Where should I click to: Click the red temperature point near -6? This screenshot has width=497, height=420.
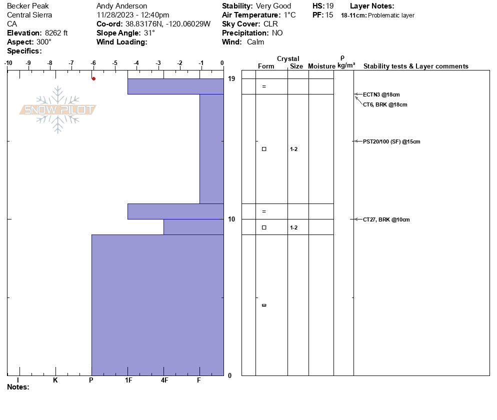93,78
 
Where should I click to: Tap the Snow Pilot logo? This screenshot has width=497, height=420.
58,109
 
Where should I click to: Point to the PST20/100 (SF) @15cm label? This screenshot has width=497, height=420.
391,141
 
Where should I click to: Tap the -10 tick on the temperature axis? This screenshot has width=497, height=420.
8,63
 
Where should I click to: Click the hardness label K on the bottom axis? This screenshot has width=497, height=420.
55,380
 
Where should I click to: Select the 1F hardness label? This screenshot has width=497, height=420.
128,380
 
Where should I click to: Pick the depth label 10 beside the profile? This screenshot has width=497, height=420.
231,219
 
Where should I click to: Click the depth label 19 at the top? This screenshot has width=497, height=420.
231,79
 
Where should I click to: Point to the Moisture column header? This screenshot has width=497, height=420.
321,66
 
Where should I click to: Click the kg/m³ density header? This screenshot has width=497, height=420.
346,65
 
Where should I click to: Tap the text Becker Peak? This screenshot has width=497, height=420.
28,6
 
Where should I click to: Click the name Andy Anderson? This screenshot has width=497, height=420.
121,6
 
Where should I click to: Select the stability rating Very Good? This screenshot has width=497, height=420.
273,6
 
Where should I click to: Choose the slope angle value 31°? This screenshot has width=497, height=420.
149,33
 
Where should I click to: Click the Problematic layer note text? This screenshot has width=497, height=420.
391,15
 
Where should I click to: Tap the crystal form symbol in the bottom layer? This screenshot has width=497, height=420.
264,305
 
